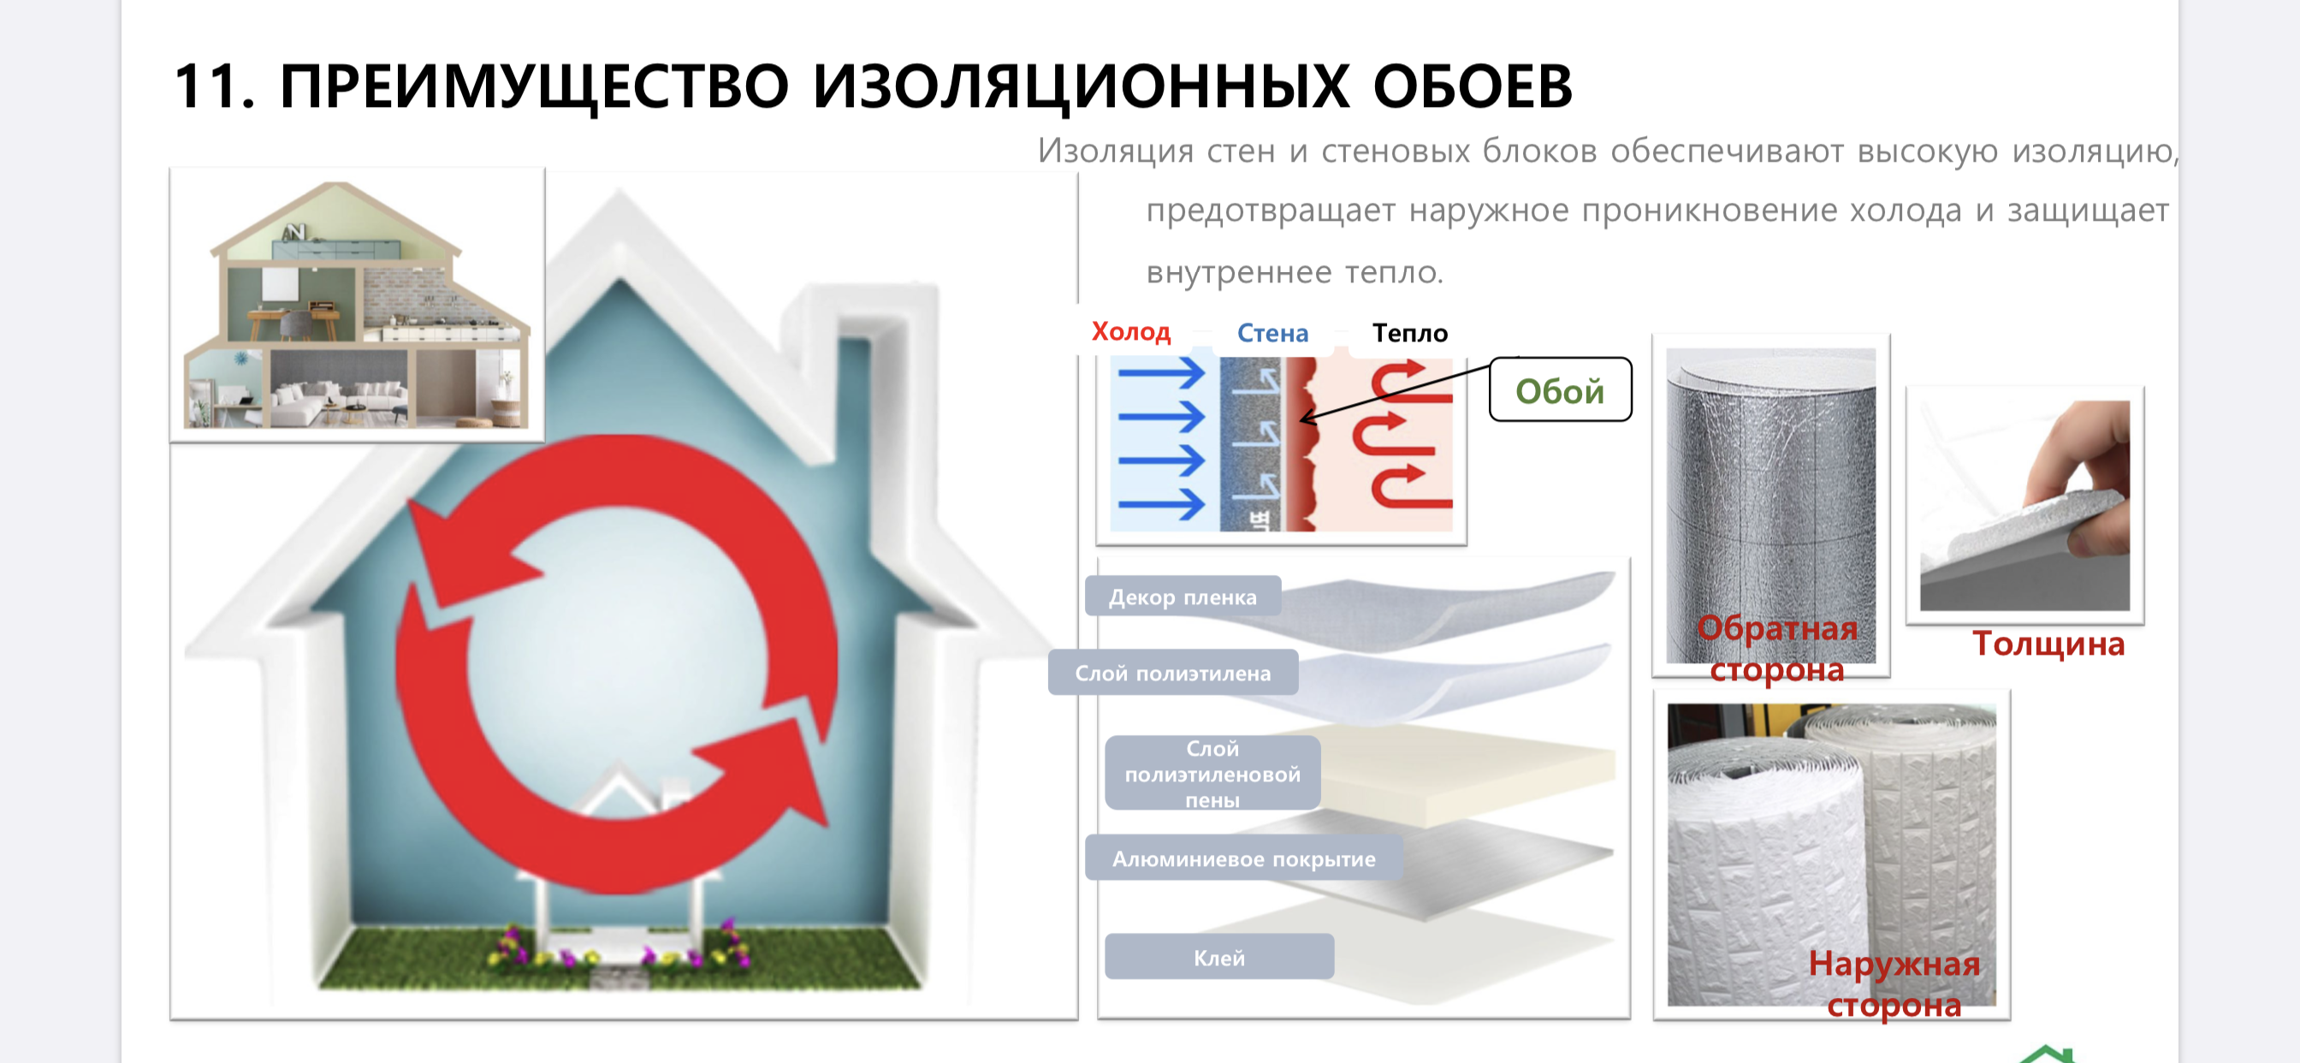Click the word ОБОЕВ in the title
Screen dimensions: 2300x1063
click(1473, 86)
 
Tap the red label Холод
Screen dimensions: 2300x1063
click(1130, 331)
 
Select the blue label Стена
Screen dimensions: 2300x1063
click(1272, 333)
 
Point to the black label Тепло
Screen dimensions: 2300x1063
click(1410, 333)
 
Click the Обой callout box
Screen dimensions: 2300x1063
click(1560, 389)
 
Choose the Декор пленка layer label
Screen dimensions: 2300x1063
click(1183, 597)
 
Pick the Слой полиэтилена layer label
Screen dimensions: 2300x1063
click(1172, 673)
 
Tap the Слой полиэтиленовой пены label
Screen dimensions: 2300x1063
click(1212, 774)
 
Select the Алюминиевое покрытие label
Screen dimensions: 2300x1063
click(1243, 858)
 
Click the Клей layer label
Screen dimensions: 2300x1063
click(1218, 958)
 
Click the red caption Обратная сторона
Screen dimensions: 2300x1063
click(1777, 649)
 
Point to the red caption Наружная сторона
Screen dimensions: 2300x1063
click(1894, 983)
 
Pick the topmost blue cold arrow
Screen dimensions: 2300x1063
click(1161, 372)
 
